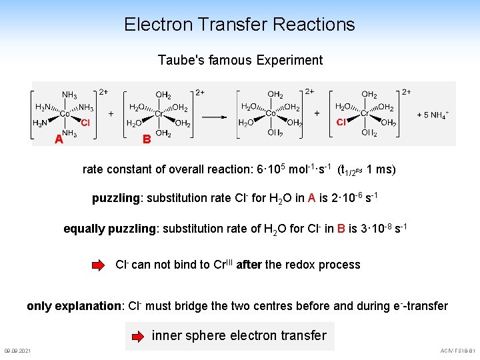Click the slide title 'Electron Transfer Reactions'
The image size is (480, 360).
[x=239, y=25]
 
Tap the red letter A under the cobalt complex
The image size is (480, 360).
[x=59, y=139]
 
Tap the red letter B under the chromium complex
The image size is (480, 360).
[x=147, y=139]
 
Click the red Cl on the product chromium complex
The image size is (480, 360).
[x=341, y=123]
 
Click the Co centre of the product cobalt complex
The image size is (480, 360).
[x=271, y=114]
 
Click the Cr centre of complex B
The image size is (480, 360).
[x=159, y=114]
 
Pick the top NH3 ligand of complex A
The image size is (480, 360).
[x=69, y=95]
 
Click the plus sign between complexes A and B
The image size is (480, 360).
[x=110, y=114]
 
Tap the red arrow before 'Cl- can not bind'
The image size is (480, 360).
[x=99, y=265]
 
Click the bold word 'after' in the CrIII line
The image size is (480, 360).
[x=249, y=265]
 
